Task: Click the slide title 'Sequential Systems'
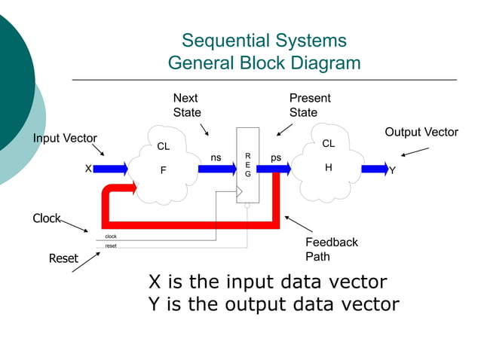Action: pyautogui.click(x=264, y=41)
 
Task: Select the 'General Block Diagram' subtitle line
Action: pyautogui.click(x=264, y=63)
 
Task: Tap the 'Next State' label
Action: pyautogui.click(x=187, y=105)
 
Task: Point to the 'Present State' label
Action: pyautogui.click(x=310, y=105)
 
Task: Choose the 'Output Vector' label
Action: pyautogui.click(x=421, y=133)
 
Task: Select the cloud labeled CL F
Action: pyautogui.click(x=163, y=166)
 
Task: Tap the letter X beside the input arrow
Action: pyautogui.click(x=88, y=169)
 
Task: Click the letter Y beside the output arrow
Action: pyautogui.click(x=392, y=170)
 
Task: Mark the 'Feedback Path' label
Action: pyautogui.click(x=331, y=249)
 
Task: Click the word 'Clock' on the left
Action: pyautogui.click(x=46, y=218)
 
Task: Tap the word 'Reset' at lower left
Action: pyautogui.click(x=63, y=258)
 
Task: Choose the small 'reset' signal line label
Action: pyautogui.click(x=111, y=246)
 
